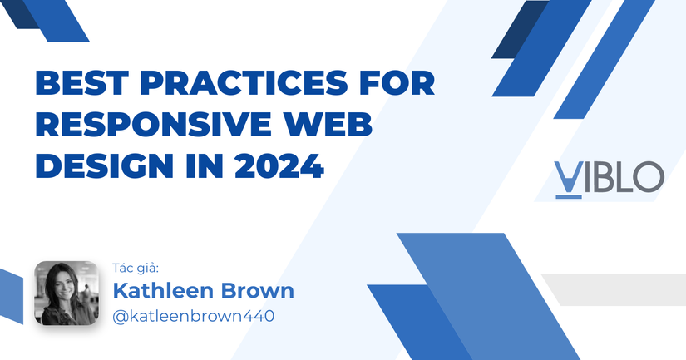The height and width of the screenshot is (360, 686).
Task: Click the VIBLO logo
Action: (609, 177)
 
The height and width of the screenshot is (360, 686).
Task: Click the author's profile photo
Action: (66, 293)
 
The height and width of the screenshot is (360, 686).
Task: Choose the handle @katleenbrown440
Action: (193, 316)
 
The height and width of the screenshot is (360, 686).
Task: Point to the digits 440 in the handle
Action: (259, 316)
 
